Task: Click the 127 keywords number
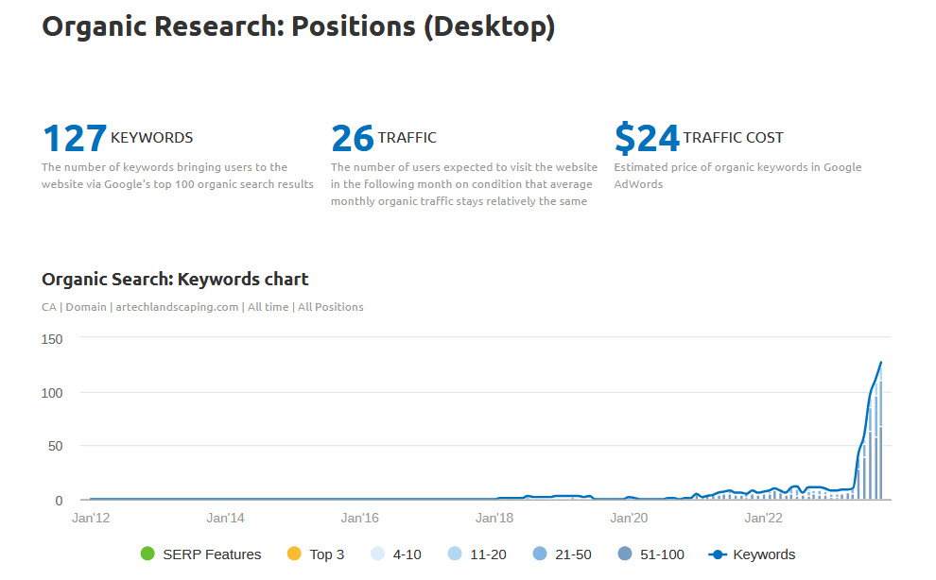(75, 139)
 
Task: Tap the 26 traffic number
(353, 139)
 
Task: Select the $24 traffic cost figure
(647, 139)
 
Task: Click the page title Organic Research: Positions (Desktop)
(298, 26)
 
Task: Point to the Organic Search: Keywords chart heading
(175, 279)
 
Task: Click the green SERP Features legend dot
(147, 554)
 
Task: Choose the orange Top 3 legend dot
(293, 554)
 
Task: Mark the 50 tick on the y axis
(54, 446)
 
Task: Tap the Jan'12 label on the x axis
(91, 518)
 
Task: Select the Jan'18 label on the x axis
(494, 518)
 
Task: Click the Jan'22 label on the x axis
(763, 518)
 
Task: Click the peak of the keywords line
(881, 362)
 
